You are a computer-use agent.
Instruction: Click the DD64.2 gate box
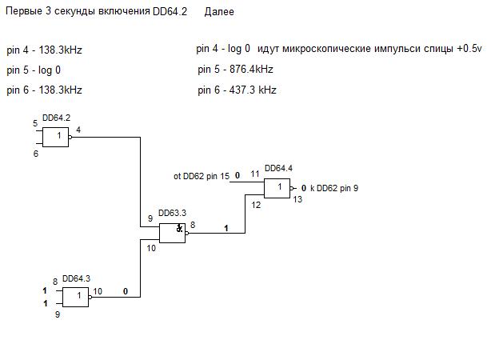tap(55, 138)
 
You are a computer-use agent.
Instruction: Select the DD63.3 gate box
tap(172, 233)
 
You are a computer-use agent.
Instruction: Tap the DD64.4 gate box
tap(277, 189)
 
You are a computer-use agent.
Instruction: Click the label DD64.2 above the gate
tap(58, 118)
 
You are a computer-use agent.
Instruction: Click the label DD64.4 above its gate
tap(278, 168)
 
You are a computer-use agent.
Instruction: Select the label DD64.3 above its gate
tap(76, 277)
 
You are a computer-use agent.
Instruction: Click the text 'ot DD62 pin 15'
tap(202, 175)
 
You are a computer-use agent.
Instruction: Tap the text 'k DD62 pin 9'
tap(334, 188)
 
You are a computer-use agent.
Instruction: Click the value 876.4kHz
tap(251, 70)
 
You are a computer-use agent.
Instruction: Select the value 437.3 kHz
tap(251, 90)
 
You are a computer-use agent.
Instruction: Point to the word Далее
tap(220, 14)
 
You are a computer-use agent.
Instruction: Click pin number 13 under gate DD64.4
tap(297, 200)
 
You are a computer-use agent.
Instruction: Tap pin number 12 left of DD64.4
tap(256, 206)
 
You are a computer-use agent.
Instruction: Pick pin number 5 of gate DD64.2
tap(35, 123)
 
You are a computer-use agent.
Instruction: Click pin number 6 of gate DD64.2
tap(35, 153)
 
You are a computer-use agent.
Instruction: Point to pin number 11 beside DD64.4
tap(254, 174)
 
